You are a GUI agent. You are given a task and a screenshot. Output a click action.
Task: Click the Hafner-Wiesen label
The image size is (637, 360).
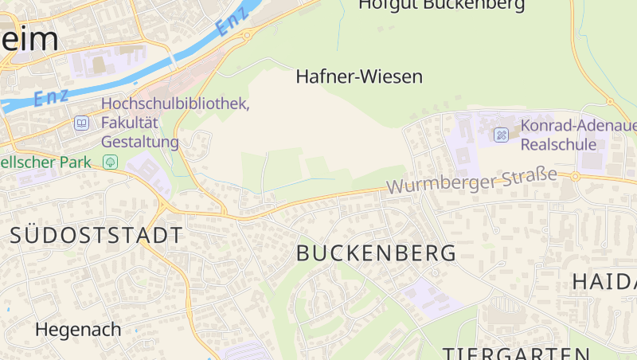coord(358,76)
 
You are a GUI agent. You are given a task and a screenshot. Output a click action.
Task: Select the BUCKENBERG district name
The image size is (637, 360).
coord(377,254)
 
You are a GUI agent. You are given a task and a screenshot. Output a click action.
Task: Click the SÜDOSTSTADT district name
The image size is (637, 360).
coord(96,236)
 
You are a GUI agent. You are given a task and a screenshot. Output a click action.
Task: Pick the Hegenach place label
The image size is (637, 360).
coord(78,329)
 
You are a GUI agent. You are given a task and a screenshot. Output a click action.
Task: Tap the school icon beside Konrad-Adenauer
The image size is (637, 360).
coord(501,135)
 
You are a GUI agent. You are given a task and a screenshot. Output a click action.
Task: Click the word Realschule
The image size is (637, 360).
coord(558,145)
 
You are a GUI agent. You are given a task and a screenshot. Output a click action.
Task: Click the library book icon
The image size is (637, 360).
coord(81,123)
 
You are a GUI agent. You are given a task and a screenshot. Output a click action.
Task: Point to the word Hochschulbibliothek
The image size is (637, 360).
coord(175,104)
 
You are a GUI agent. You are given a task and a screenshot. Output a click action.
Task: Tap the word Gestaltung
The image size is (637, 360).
coord(140,142)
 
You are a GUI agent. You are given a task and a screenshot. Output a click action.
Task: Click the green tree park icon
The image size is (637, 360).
coord(111,162)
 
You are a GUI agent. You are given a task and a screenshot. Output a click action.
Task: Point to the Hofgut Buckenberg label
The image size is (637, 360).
coord(441,5)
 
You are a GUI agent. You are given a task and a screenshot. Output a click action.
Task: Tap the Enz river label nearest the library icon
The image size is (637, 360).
coord(50,96)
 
